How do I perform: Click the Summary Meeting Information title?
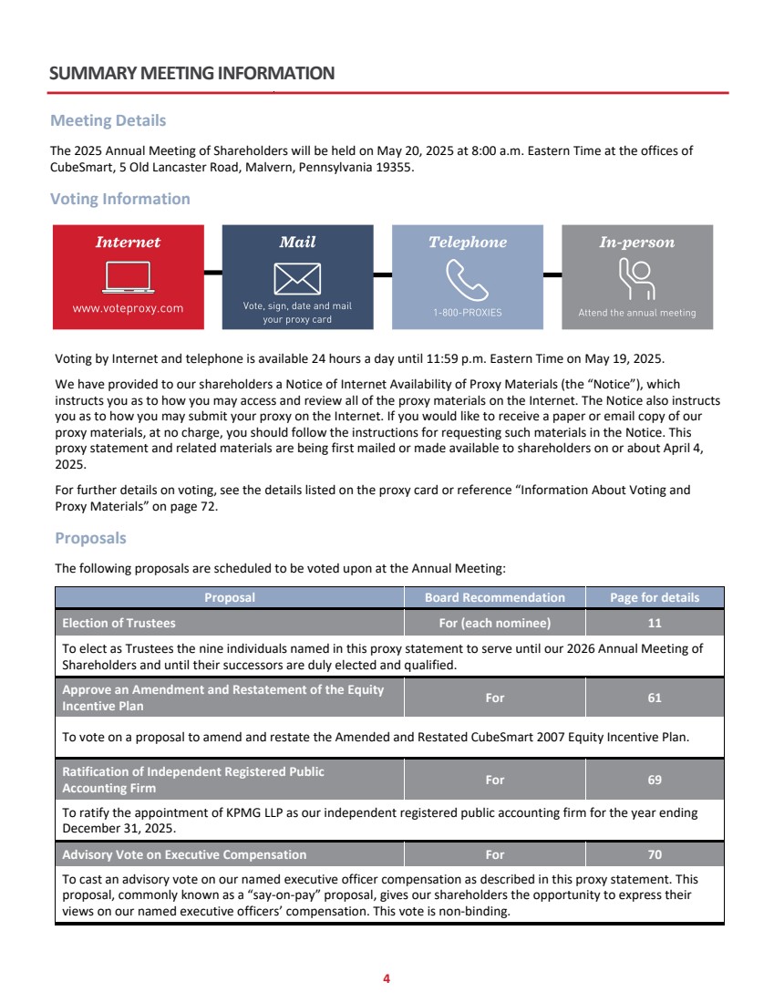coord(192,73)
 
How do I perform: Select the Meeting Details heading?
coord(108,120)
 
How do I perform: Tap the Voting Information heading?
coord(120,199)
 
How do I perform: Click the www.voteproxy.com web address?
coord(128,308)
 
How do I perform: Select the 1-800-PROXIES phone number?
coord(467,313)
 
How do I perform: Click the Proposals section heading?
coord(90,538)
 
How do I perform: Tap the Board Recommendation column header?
coord(494,598)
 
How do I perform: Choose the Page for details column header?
coord(655,598)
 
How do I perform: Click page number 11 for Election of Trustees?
coord(655,624)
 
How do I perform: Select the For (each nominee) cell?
coord(494,624)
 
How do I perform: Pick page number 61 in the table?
coord(655,698)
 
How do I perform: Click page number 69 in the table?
coord(655,780)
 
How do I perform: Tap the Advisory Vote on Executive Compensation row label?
coord(184,854)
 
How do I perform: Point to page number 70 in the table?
coord(655,854)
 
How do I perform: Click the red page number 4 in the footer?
coord(387,978)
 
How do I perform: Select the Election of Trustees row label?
coord(119,624)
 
